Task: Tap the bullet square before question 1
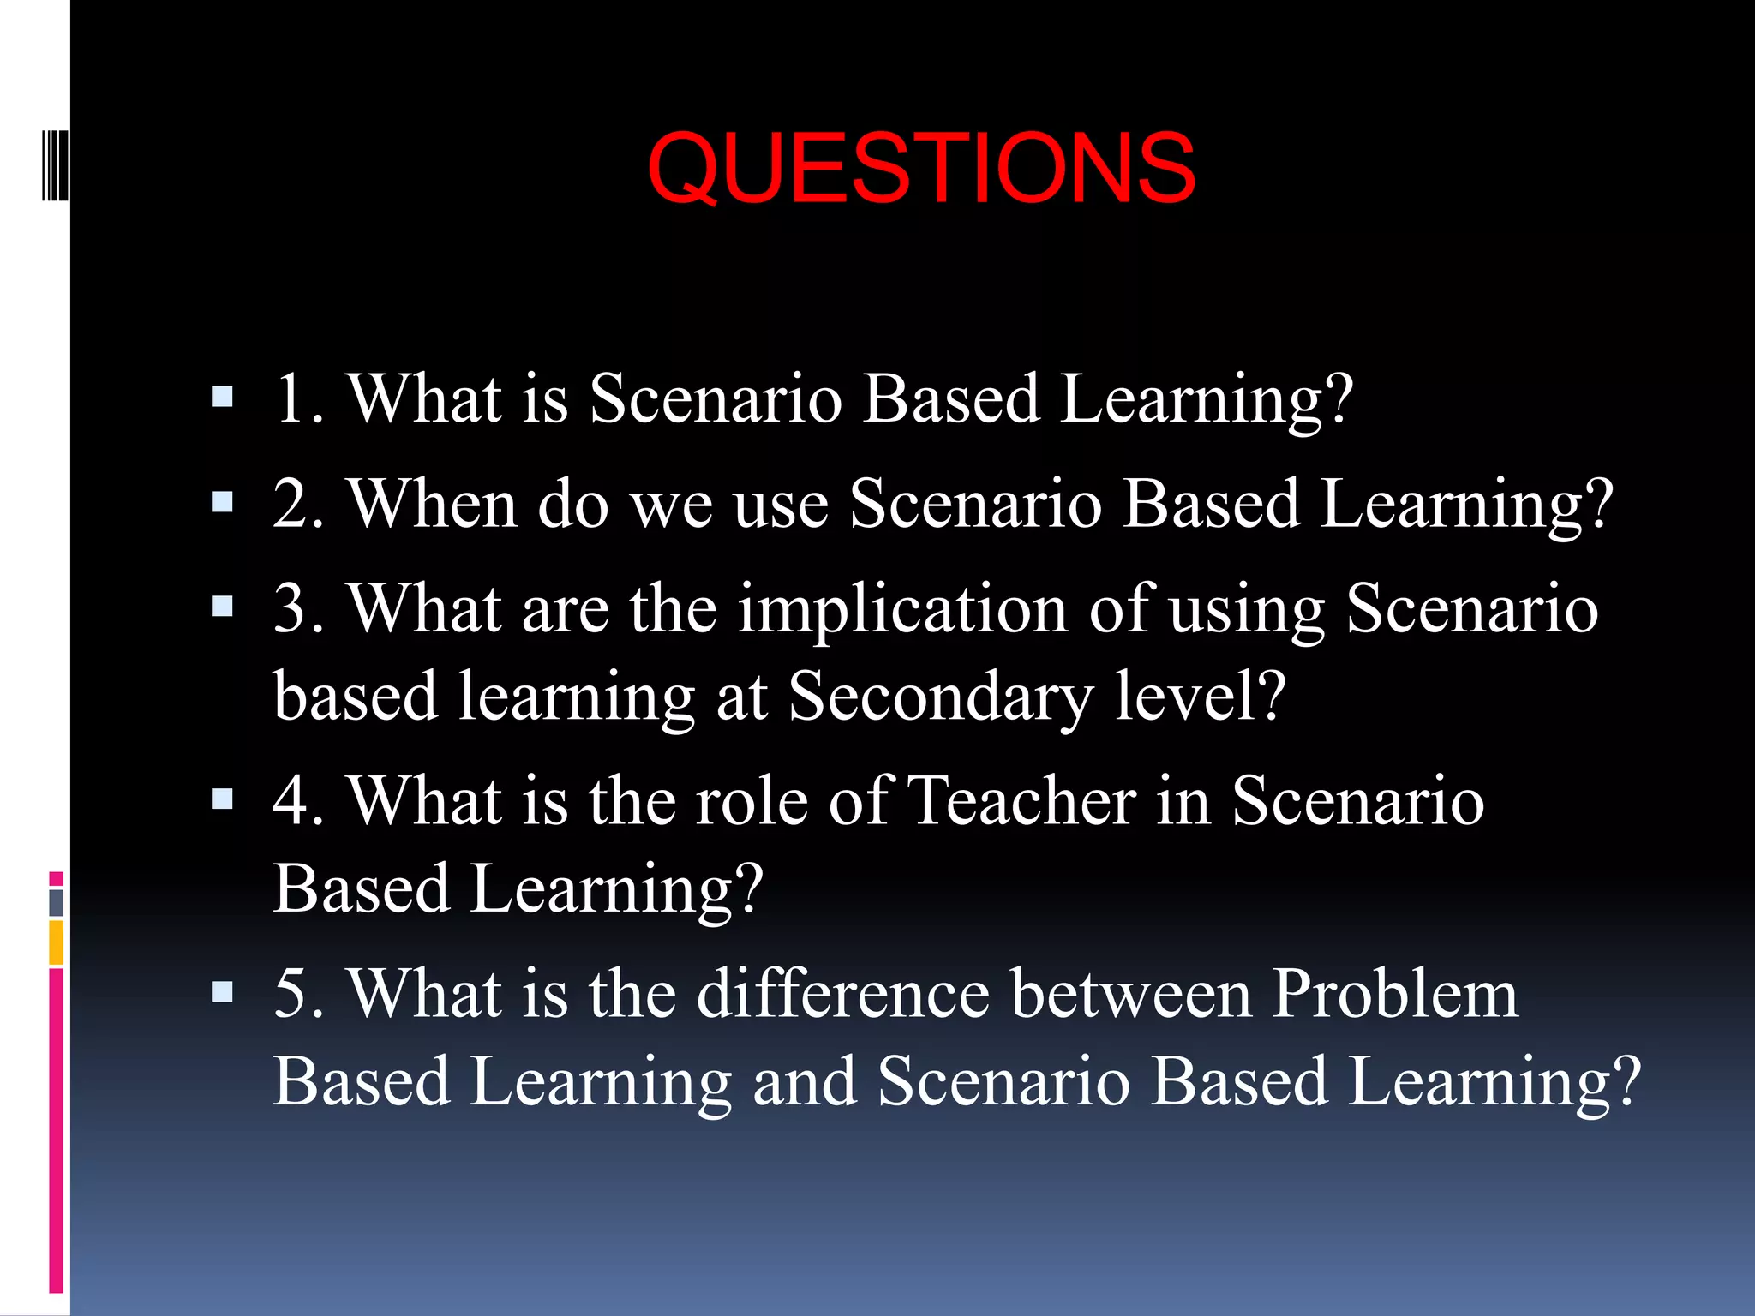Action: (x=222, y=397)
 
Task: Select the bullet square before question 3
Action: (x=222, y=607)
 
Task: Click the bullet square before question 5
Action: (x=222, y=991)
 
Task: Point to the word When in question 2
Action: (x=432, y=504)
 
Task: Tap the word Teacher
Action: (x=1021, y=801)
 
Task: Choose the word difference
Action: (x=843, y=994)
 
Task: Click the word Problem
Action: (x=1394, y=994)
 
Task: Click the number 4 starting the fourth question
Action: (x=290, y=801)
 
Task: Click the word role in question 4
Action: (x=752, y=801)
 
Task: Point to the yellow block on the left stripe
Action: (x=57, y=942)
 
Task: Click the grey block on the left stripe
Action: (x=57, y=902)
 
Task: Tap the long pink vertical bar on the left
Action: (x=57, y=1131)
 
